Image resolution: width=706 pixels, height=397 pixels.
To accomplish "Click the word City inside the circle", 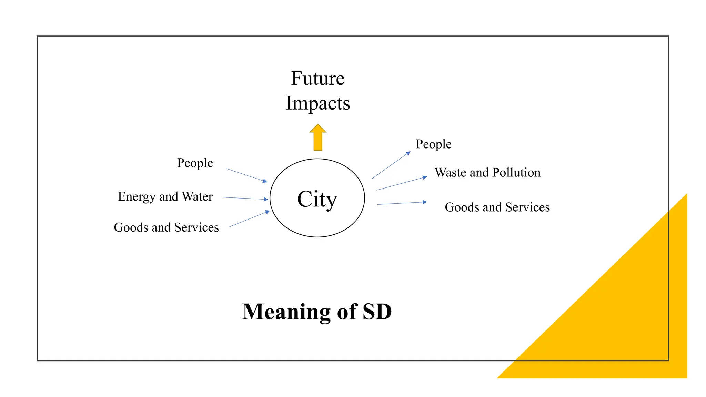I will [x=317, y=199].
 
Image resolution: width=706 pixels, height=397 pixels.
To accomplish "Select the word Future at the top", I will [x=317, y=78].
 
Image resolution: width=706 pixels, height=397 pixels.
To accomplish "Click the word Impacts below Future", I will [x=317, y=103].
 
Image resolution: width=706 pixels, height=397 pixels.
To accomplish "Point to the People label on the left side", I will [x=195, y=163].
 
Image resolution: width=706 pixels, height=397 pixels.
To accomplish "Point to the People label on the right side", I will [x=433, y=144].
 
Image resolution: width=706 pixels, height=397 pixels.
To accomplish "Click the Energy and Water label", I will [x=165, y=196].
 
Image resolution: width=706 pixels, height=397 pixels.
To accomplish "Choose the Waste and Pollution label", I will [x=487, y=172].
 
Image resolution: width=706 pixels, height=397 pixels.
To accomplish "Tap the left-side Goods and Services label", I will [x=166, y=227].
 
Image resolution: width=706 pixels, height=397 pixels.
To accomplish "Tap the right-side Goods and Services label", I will [x=497, y=207].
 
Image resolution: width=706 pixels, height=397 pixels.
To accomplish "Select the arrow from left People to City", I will [x=246, y=175].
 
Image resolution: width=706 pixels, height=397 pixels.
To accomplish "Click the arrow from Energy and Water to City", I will [x=245, y=198].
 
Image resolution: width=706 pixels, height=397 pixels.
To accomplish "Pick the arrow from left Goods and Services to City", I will [x=249, y=219].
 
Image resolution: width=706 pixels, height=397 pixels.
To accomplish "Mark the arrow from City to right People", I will [x=391, y=165].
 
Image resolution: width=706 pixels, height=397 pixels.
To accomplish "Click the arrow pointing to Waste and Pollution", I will [x=401, y=184].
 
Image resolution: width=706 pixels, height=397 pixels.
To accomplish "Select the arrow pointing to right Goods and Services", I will [x=402, y=203].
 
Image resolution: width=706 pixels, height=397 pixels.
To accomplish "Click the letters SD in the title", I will [x=377, y=312].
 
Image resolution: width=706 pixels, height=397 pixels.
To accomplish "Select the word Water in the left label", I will [x=197, y=196].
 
